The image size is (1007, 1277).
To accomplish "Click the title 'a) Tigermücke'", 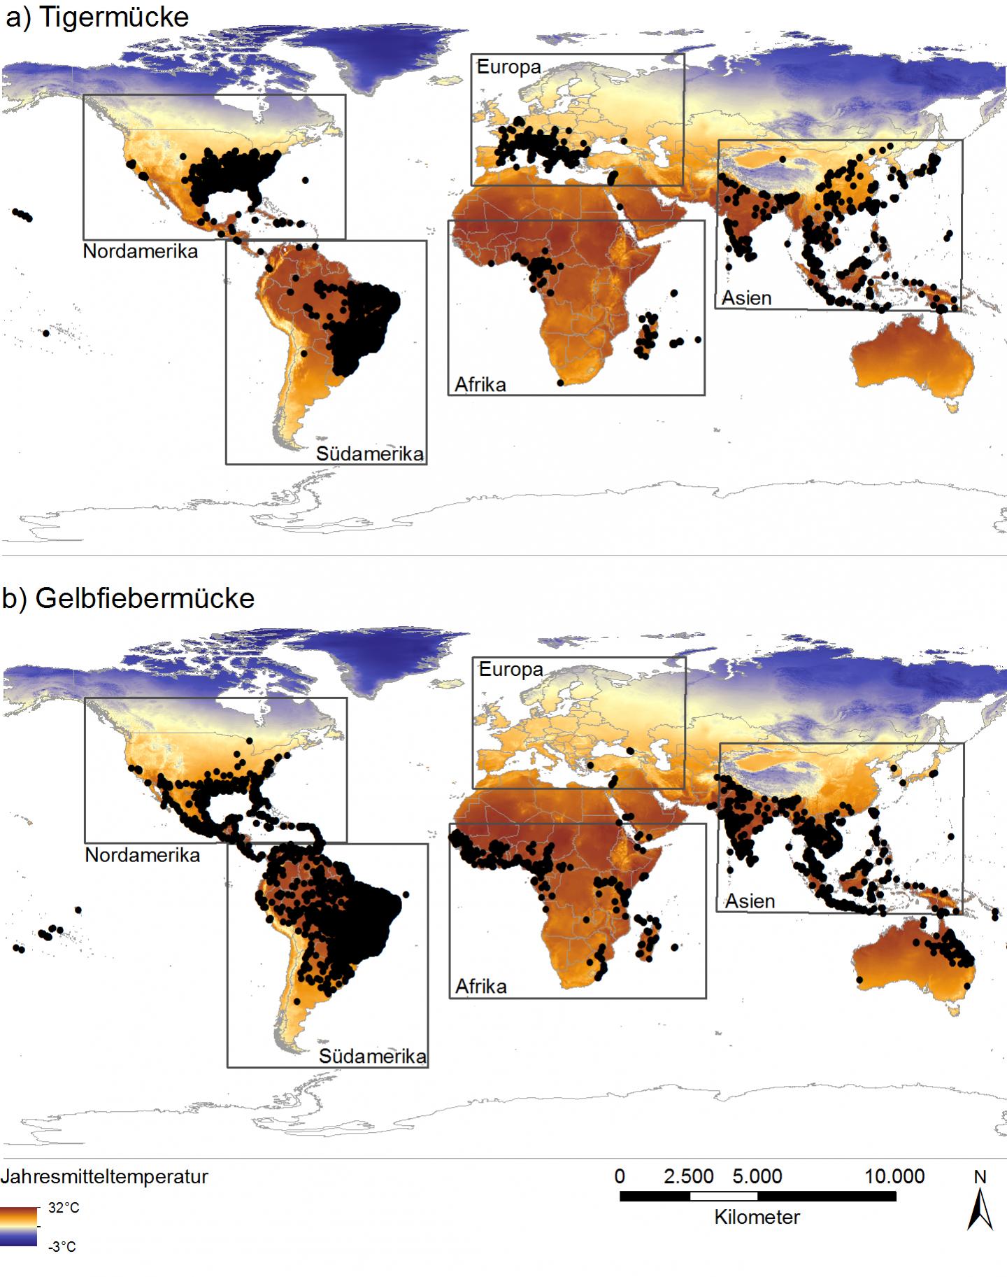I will [97, 17].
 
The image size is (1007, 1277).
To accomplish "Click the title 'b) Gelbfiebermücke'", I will [128, 598].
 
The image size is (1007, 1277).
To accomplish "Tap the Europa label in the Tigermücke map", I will [508, 67].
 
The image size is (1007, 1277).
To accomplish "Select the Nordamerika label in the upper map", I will [140, 251].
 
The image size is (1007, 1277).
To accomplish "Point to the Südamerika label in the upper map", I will [369, 453].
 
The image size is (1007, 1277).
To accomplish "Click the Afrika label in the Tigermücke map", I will [480, 384].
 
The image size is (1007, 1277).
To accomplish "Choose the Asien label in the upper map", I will [746, 298].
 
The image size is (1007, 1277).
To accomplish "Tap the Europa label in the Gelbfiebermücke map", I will [510, 670].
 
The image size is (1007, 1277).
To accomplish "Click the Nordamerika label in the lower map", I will [142, 855].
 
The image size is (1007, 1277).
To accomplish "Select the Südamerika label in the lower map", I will [372, 1056].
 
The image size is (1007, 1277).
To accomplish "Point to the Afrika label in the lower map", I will [480, 987].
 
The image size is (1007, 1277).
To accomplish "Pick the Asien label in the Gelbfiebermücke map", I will [749, 901].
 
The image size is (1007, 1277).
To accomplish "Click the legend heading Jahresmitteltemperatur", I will [104, 1177].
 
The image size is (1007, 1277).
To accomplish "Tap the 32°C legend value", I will [64, 1208].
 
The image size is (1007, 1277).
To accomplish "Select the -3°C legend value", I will [62, 1246].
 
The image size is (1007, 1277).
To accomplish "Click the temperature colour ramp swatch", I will [18, 1226].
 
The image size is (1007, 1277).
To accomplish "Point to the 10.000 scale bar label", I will [894, 1176].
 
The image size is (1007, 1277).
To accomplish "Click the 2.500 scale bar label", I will [688, 1176].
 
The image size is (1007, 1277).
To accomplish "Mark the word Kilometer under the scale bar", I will [757, 1217].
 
